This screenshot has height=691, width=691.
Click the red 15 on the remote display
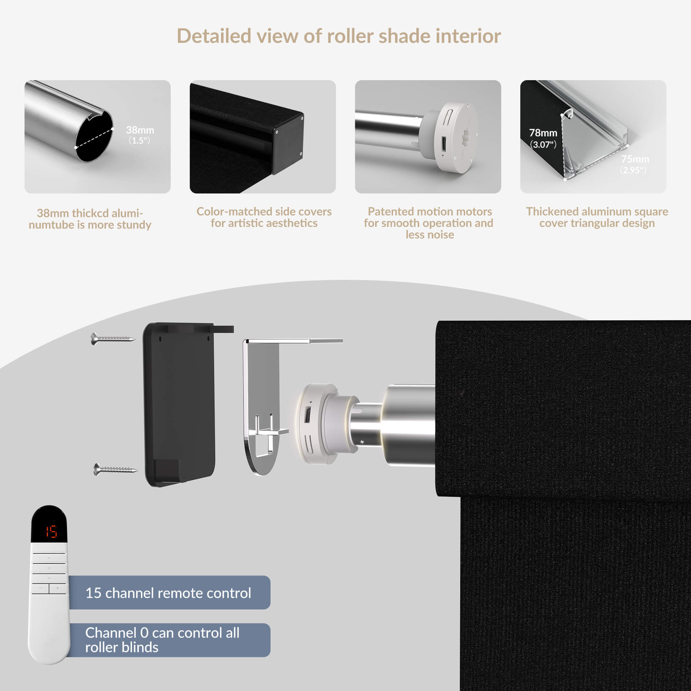51,531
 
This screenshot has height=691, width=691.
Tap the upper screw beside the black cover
113,338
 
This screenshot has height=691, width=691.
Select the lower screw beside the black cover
115,469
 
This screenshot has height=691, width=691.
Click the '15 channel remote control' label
168,593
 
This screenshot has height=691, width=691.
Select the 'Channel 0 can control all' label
162,633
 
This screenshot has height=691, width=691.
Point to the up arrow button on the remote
49,558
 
